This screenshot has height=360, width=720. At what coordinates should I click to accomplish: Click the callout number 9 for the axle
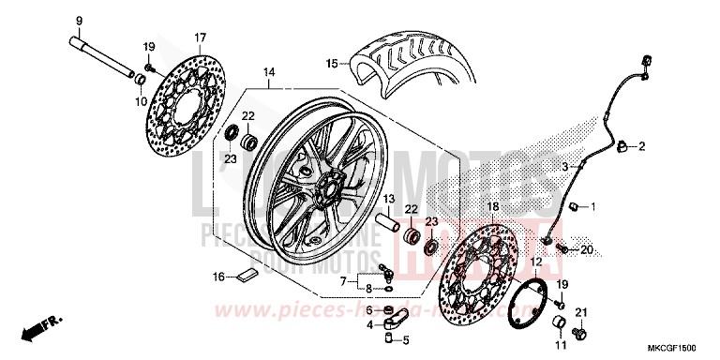tap(78, 22)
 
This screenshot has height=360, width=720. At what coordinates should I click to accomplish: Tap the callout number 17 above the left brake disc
tap(199, 37)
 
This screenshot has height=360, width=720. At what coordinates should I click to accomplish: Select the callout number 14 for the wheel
tap(268, 71)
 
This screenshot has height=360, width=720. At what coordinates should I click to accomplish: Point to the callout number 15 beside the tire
tap(330, 64)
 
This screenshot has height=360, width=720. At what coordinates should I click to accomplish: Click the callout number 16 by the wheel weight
tap(218, 277)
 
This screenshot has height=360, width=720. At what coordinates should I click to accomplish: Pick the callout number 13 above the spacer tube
tap(385, 200)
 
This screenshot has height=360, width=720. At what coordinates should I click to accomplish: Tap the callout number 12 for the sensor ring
tap(536, 262)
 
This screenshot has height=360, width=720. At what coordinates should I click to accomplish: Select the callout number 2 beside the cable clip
tap(644, 146)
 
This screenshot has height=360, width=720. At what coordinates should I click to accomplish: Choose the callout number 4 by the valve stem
tap(369, 325)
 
